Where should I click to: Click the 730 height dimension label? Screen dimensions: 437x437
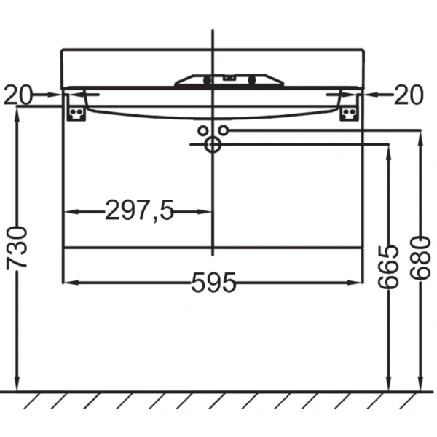17,247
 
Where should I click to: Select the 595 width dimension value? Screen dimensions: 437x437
214,283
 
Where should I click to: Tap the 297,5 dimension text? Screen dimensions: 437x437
140,211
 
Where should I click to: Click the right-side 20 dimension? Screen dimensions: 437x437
408,94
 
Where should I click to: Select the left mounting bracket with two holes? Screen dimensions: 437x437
76,109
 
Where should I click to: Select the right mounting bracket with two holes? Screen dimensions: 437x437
350,109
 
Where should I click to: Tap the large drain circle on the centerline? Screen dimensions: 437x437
213,144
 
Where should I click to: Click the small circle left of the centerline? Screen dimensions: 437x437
202,130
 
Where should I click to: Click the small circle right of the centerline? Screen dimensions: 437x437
224,130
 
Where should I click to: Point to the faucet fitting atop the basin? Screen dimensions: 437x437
229,79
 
